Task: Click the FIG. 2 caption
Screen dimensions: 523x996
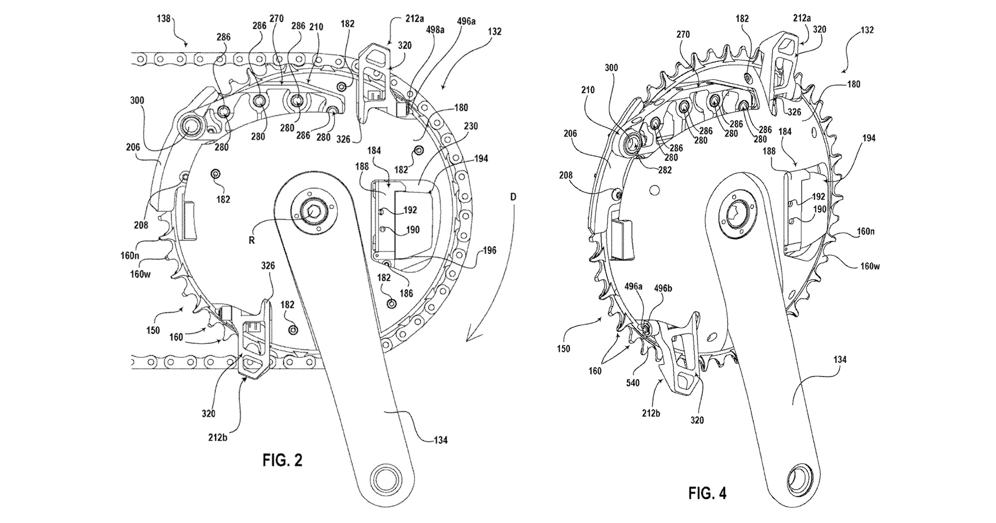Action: pyautogui.click(x=282, y=460)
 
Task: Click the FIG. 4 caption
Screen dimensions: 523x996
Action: pyautogui.click(x=707, y=493)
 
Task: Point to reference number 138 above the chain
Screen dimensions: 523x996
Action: pyautogui.click(x=163, y=19)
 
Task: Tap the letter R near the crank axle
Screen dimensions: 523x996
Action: pyautogui.click(x=252, y=240)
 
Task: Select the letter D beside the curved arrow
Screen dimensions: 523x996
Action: pyautogui.click(x=513, y=197)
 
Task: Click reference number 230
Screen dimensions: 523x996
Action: pyautogui.click(x=471, y=127)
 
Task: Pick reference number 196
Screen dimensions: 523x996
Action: pyautogui.click(x=490, y=251)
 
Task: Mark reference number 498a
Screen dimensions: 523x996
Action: pyautogui.click(x=435, y=29)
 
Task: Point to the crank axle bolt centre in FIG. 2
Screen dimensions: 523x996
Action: pyautogui.click(x=312, y=212)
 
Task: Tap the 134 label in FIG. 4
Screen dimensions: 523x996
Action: pyautogui.click(x=840, y=360)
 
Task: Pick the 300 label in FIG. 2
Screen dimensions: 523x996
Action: pyautogui.click(x=137, y=101)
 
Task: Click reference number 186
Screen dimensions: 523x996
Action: pyautogui.click(x=406, y=293)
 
